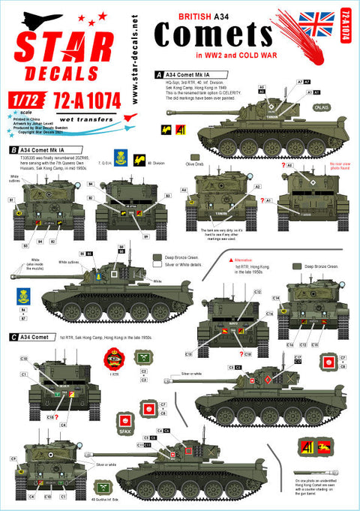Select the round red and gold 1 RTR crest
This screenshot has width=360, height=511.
click(115, 356)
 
